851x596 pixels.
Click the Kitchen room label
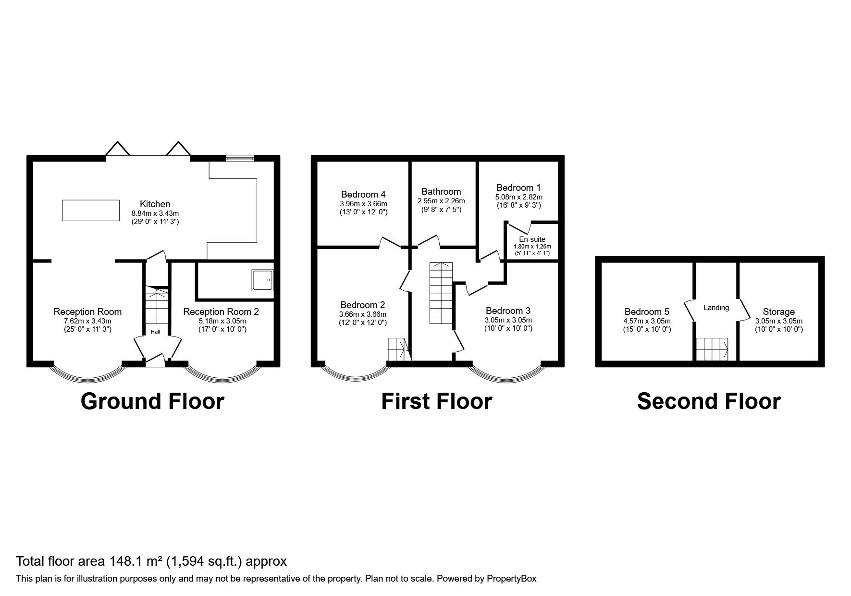(x=155, y=204)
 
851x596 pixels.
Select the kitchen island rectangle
(x=91, y=210)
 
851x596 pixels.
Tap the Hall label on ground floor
(x=156, y=332)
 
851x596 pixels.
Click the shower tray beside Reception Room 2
(x=262, y=280)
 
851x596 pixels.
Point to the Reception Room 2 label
(x=221, y=311)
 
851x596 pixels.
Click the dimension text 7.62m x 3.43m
(x=87, y=321)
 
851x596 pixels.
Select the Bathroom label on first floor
(x=441, y=191)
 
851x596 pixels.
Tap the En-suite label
(x=532, y=239)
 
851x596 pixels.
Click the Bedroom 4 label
(x=363, y=194)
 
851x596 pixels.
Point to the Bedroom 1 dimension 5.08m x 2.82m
(x=518, y=197)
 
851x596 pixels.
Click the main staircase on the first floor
(x=441, y=293)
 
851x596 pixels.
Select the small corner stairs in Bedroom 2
(x=398, y=349)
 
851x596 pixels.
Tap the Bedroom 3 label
(x=508, y=310)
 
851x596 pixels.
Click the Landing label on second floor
(x=716, y=307)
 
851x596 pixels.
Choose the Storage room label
(x=778, y=311)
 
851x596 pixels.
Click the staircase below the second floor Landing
(x=712, y=349)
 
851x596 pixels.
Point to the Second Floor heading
(x=708, y=401)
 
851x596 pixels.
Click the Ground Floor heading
(x=152, y=401)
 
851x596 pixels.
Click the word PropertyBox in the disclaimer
(x=511, y=579)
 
